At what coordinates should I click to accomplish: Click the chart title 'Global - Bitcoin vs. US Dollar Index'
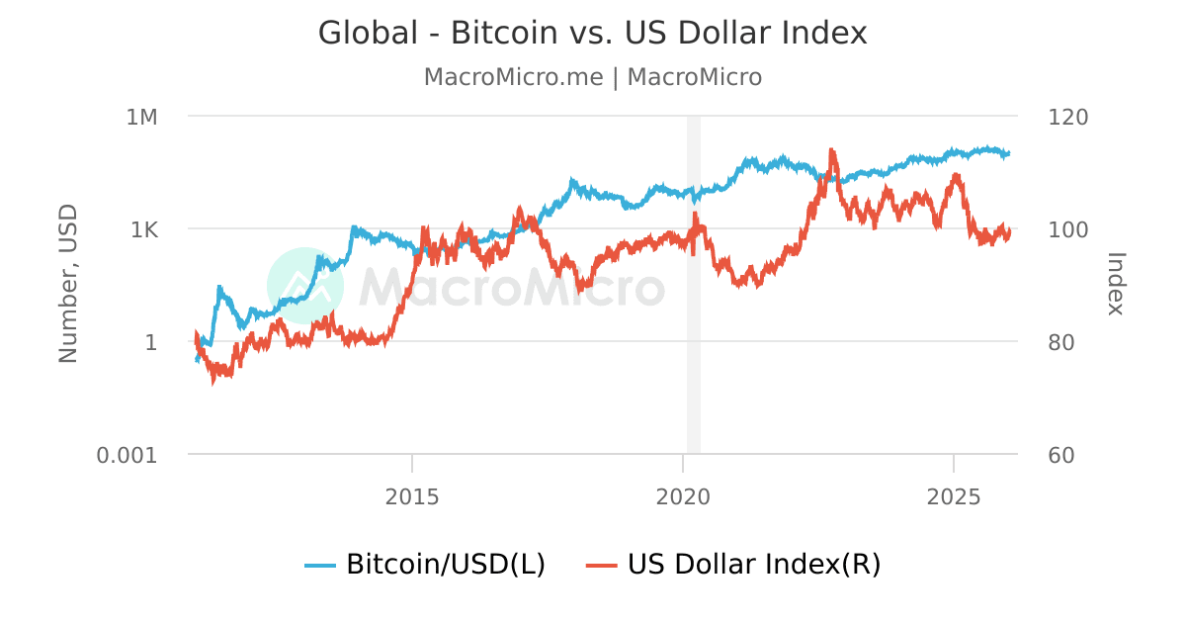click(x=592, y=33)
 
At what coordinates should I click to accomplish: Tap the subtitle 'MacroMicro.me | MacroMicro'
click(x=592, y=77)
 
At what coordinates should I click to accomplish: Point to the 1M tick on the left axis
click(x=141, y=117)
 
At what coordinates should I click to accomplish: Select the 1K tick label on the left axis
click(x=143, y=229)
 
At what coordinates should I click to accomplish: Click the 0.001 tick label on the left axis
click(x=127, y=455)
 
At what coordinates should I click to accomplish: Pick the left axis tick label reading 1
click(x=152, y=342)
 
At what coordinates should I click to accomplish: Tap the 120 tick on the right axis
click(x=1066, y=117)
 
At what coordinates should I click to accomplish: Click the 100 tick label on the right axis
click(x=1066, y=229)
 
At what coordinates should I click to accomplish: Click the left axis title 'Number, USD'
click(x=68, y=284)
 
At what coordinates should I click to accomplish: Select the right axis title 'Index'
click(x=1116, y=284)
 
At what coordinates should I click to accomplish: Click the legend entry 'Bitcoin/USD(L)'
click(x=426, y=565)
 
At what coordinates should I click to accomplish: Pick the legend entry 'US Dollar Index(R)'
click(x=733, y=565)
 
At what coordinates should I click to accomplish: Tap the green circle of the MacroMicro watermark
click(x=305, y=286)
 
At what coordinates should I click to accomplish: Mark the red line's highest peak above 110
click(x=832, y=150)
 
